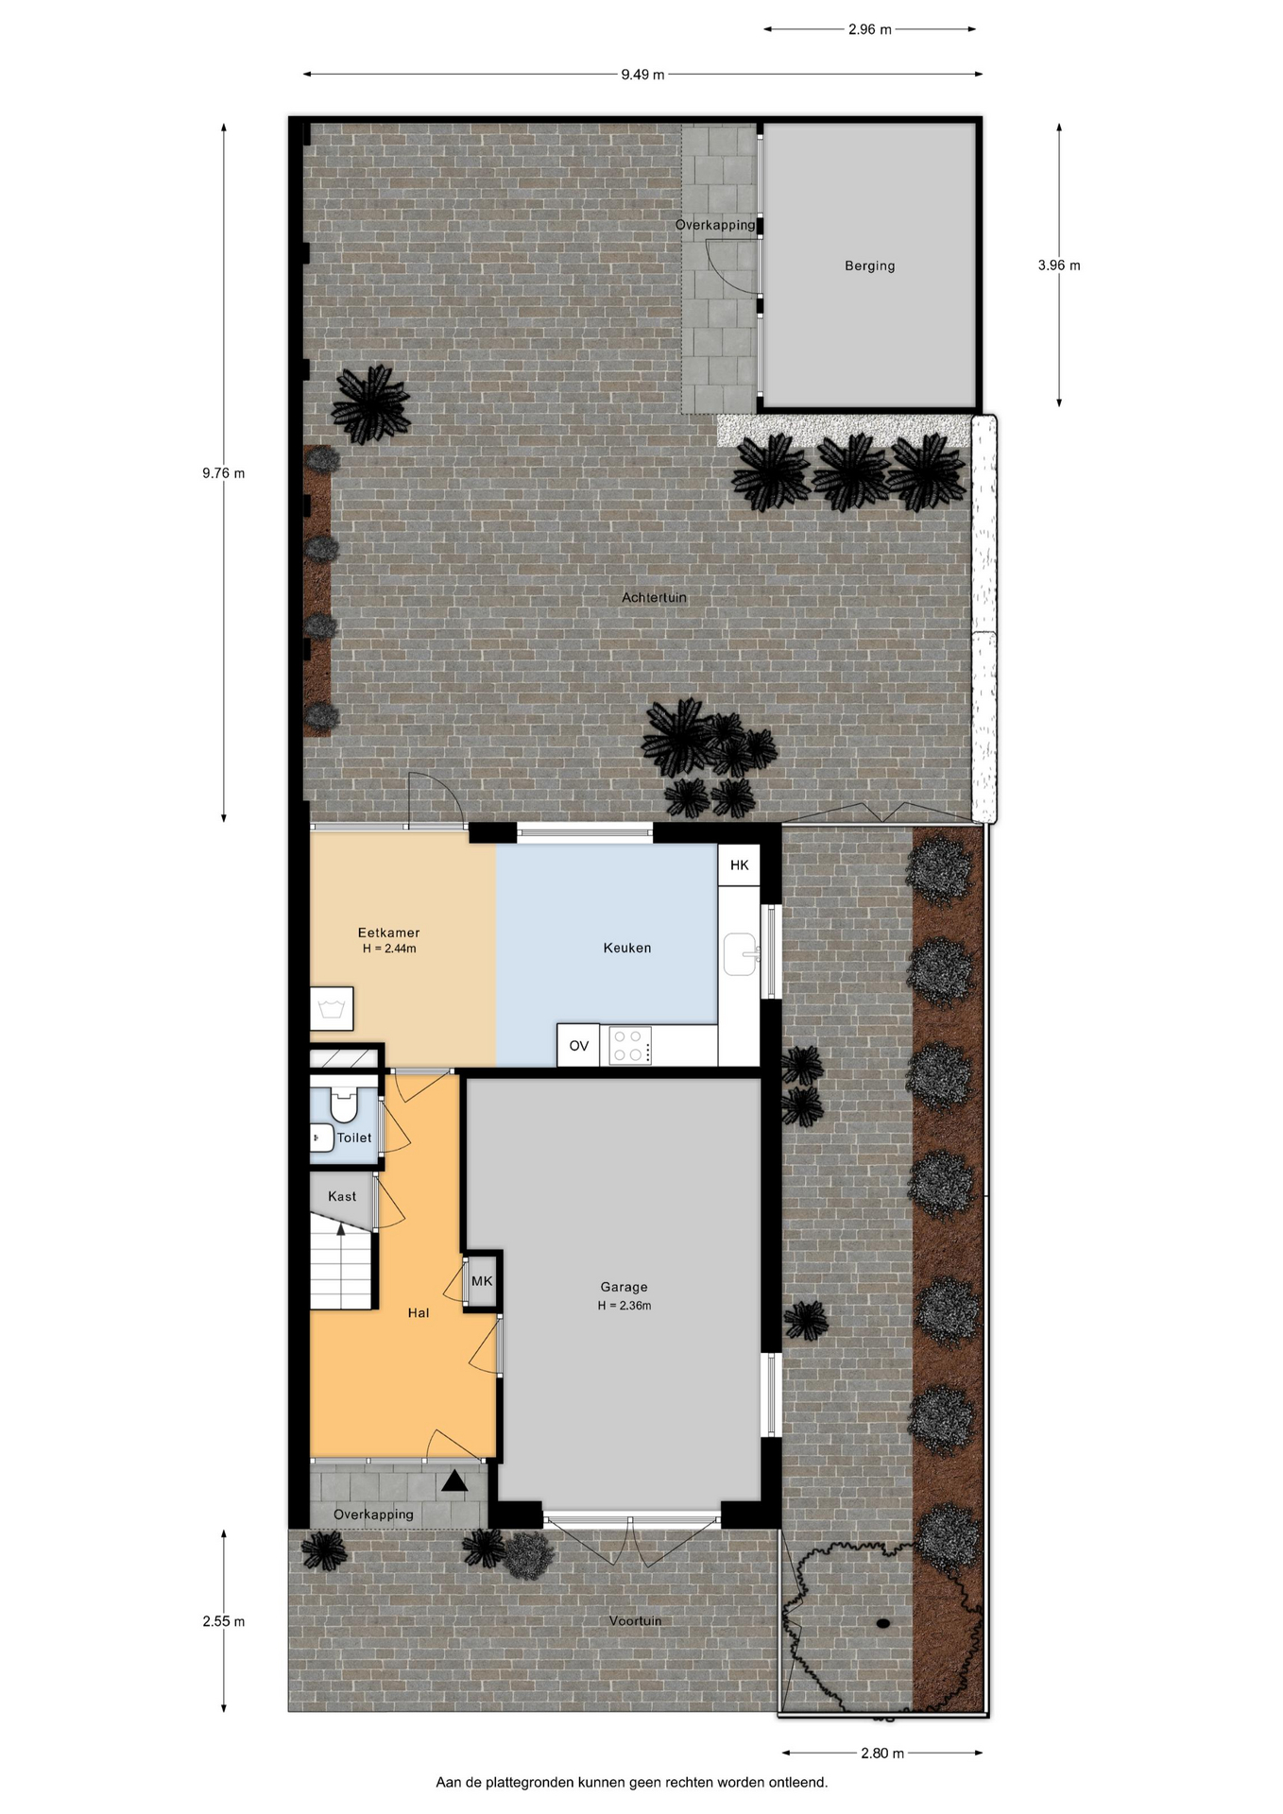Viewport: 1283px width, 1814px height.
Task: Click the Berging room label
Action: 869,266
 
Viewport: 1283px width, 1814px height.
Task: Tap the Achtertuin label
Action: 654,597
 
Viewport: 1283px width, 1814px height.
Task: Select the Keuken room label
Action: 627,948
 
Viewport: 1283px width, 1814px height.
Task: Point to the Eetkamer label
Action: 388,933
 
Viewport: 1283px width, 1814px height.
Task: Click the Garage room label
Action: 624,1287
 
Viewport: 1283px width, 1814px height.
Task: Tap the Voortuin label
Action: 635,1621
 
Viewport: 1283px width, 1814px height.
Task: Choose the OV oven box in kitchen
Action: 578,1046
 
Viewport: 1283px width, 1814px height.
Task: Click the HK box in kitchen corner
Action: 739,864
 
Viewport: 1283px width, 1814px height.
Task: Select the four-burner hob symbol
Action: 629,1046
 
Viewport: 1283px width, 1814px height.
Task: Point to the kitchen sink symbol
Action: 742,954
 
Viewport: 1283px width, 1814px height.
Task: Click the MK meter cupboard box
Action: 482,1282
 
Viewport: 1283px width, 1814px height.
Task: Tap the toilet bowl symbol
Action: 344,1104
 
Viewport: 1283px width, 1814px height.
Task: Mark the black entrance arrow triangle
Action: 454,1481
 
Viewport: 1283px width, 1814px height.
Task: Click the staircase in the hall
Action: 343,1262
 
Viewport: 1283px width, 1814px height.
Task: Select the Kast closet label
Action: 342,1196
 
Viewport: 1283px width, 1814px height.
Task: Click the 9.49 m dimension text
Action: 642,75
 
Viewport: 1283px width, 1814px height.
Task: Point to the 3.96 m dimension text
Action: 1059,265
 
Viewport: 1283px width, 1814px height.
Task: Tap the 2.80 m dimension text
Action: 882,1754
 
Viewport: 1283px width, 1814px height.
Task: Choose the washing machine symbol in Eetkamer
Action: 332,1009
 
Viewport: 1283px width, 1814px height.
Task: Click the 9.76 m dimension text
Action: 223,473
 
